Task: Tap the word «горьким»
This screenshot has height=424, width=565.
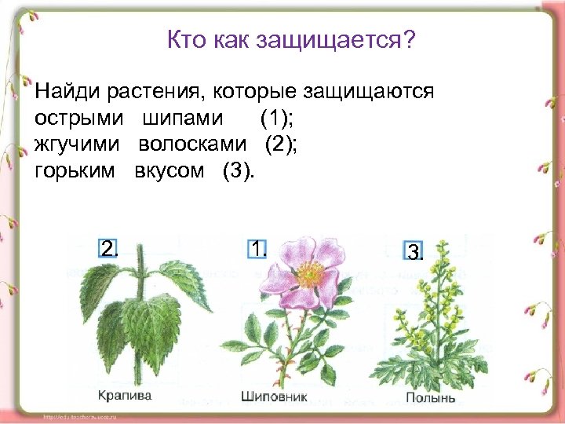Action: [x=75, y=171]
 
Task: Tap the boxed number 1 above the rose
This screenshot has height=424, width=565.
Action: [x=258, y=248]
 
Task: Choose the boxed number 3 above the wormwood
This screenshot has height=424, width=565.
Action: [x=414, y=252]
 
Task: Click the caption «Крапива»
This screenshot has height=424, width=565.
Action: [x=125, y=396]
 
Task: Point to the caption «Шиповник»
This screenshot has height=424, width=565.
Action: [x=274, y=397]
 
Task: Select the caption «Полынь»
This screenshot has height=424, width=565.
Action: [x=430, y=397]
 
